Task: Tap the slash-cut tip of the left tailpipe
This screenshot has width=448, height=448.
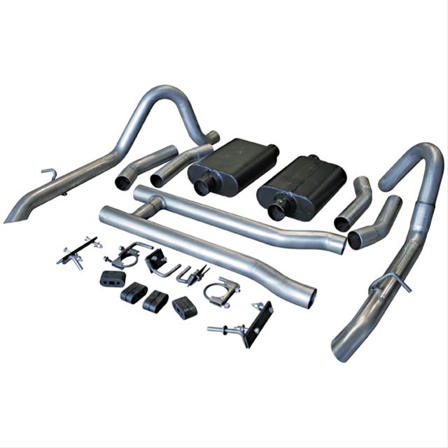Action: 14,216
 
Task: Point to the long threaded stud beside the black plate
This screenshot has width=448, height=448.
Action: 223,328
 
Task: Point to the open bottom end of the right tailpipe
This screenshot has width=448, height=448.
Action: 341,353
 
